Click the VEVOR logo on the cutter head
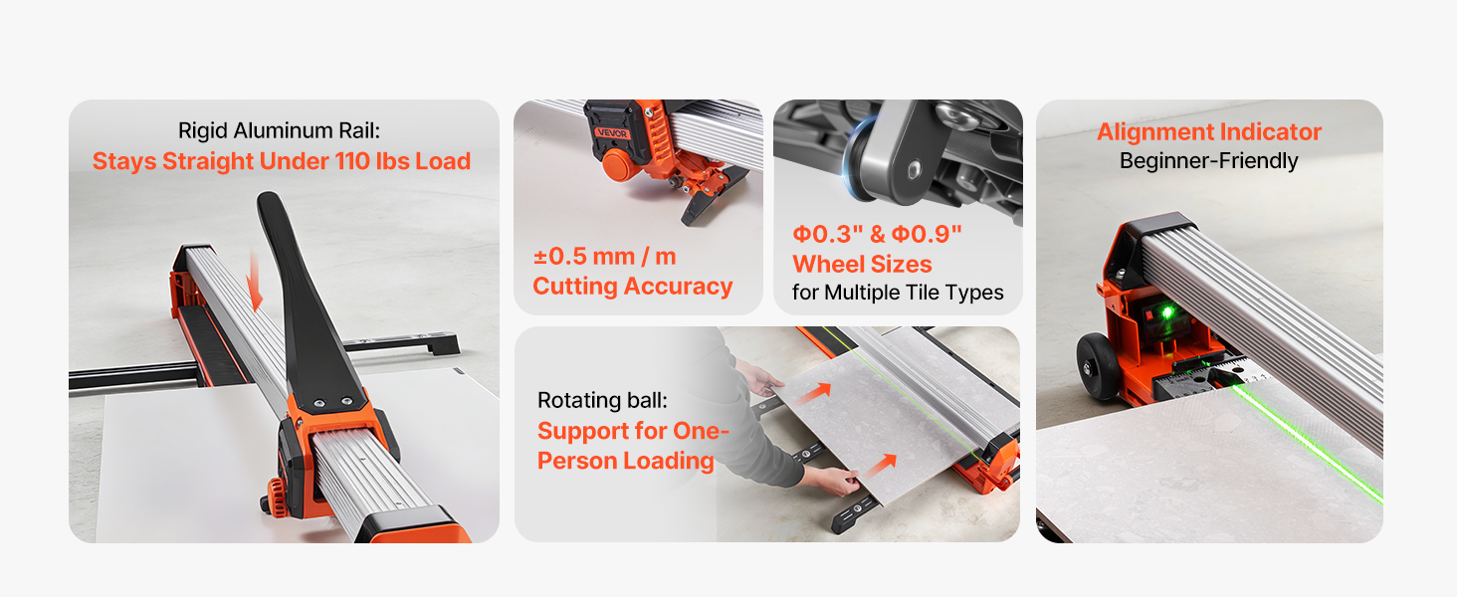tap(612, 133)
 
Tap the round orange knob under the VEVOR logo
tap(619, 165)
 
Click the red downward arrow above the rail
tap(255, 281)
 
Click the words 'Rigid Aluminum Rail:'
tap(279, 130)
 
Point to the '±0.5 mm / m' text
tap(604, 257)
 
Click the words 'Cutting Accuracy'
tap(632, 287)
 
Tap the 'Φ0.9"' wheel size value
tap(927, 234)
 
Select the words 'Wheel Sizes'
tap(862, 264)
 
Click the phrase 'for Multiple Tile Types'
tap(898, 293)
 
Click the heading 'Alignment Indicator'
tap(1209, 132)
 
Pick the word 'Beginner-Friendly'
tap(1208, 160)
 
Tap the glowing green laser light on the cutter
tap(1167, 312)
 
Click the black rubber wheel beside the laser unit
tap(1099, 365)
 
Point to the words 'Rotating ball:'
tap(602, 400)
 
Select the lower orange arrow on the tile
tap(880, 465)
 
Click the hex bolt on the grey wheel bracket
tap(914, 170)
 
